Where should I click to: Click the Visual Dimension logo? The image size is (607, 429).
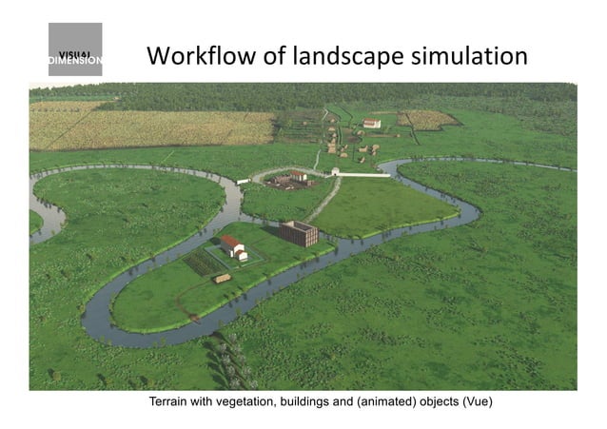click(75, 49)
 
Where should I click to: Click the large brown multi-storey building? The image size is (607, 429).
click(298, 233)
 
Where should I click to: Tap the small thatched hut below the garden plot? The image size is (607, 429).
click(223, 278)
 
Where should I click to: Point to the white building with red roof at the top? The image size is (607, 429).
click(372, 123)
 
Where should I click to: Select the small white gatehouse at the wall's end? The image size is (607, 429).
click(336, 171)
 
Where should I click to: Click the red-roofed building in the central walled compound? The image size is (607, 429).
click(299, 176)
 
